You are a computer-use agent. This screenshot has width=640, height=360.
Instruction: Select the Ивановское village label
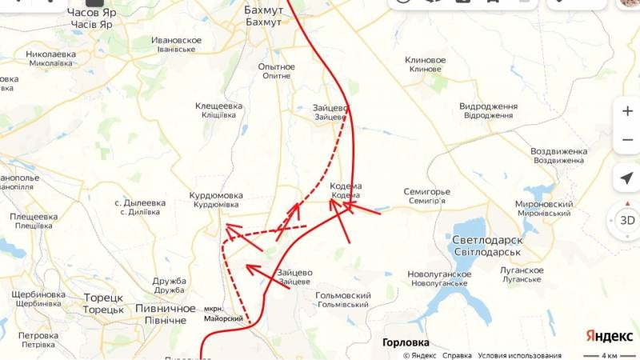[176, 40]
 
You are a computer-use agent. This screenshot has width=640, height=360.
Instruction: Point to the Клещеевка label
[218, 106]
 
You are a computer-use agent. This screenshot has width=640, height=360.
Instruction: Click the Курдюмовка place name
[215, 195]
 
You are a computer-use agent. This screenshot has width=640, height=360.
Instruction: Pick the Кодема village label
[346, 186]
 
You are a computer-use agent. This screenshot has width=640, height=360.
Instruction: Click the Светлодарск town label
[487, 240]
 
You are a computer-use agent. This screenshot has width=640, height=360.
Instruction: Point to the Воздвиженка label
[559, 151]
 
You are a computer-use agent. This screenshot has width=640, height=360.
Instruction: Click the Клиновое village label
[425, 60]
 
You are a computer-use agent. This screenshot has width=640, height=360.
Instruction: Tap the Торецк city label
[103, 298]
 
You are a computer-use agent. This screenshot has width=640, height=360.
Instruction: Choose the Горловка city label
[406, 342]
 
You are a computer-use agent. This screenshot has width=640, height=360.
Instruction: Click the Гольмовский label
[342, 295]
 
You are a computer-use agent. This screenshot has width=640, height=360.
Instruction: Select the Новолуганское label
[438, 274]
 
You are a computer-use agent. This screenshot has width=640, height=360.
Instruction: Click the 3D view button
[626, 220]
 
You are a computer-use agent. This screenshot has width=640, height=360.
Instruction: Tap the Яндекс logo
[609, 335]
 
